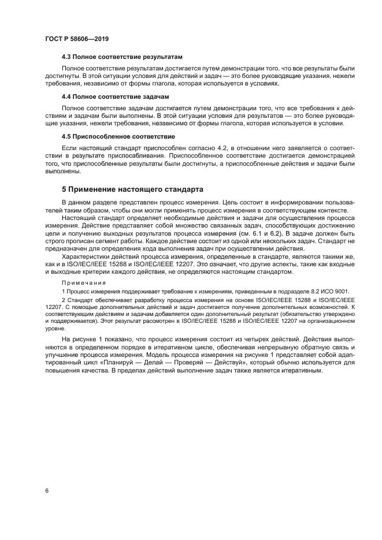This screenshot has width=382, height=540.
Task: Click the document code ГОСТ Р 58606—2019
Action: click(77, 39)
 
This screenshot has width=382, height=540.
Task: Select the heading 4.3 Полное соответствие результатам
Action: click(121, 58)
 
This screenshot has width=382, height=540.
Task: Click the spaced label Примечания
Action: click(84, 282)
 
